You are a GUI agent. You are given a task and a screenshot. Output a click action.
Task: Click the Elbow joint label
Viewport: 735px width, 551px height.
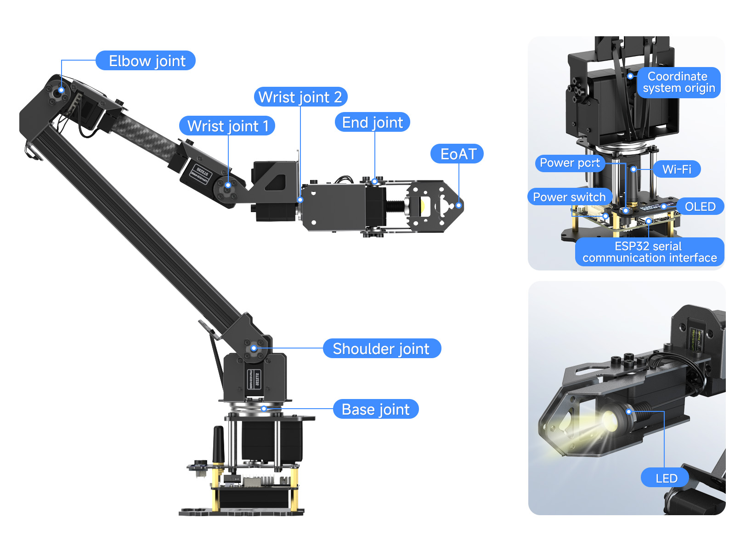tap(145, 61)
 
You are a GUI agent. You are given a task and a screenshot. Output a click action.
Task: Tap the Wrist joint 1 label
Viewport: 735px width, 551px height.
tap(227, 126)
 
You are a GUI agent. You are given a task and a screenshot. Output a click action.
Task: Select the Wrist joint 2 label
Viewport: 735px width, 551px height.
tap(300, 97)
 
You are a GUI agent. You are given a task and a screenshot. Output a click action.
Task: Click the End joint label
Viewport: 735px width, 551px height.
tap(373, 122)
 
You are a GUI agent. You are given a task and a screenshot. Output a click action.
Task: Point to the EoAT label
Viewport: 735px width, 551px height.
tap(457, 154)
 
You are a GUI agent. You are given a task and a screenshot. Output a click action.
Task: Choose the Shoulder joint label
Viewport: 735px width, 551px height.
tap(382, 349)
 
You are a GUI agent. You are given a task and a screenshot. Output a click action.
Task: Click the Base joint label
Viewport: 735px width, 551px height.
tap(376, 409)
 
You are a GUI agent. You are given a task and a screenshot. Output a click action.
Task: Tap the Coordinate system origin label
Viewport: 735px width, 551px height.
tap(678, 82)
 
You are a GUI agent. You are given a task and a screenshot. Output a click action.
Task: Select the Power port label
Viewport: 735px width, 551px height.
tap(570, 163)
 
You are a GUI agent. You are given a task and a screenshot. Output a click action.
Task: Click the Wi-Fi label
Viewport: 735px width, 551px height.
tap(677, 169)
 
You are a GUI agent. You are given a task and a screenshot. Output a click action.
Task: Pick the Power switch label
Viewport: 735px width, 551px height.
tap(570, 197)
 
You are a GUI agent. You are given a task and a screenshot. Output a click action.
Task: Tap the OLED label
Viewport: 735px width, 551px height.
tap(700, 207)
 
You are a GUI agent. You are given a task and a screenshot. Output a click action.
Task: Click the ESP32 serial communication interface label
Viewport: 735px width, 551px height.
tap(649, 252)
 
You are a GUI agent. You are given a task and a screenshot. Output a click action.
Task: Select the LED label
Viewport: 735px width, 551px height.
tap(665, 478)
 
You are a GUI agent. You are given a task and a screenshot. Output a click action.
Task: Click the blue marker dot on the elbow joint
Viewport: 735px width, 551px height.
tap(61, 90)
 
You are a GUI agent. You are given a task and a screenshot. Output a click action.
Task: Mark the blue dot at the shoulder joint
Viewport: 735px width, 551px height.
tap(254, 348)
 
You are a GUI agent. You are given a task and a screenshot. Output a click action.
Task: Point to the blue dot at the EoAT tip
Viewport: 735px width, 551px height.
tap(459, 205)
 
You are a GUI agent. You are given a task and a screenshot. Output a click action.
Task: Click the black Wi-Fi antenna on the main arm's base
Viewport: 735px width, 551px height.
tap(218, 444)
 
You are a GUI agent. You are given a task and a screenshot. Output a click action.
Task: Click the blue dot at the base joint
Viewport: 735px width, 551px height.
tap(264, 409)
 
